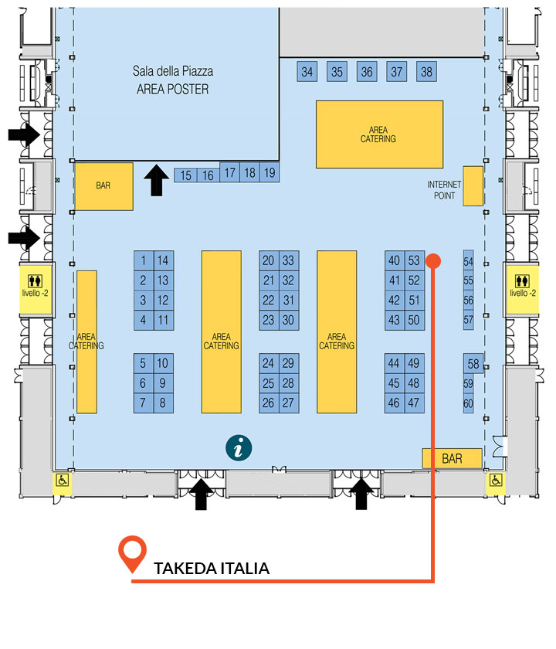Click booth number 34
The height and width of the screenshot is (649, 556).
(307, 72)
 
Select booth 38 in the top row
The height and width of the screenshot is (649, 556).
(426, 72)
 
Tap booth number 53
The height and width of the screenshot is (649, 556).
(414, 261)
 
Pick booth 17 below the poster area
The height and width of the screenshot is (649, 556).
(229, 172)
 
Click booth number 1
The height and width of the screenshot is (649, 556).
(144, 261)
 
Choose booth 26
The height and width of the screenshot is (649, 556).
(269, 403)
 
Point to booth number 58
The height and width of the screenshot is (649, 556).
(473, 364)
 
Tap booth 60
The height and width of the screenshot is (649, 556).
(468, 403)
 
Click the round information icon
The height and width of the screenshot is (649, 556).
(239, 448)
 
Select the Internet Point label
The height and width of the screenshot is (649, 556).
(444, 190)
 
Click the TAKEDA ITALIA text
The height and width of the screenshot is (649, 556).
(212, 569)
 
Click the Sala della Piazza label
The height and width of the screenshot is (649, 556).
(173, 71)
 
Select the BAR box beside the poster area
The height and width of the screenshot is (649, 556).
(103, 186)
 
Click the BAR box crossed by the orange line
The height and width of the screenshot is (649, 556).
(453, 459)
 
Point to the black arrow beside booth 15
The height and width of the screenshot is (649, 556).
(156, 180)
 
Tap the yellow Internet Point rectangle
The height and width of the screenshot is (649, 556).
(473, 186)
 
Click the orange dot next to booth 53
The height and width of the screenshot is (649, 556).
(433, 261)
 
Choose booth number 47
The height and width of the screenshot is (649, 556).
(414, 403)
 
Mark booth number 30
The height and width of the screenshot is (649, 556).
(289, 320)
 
